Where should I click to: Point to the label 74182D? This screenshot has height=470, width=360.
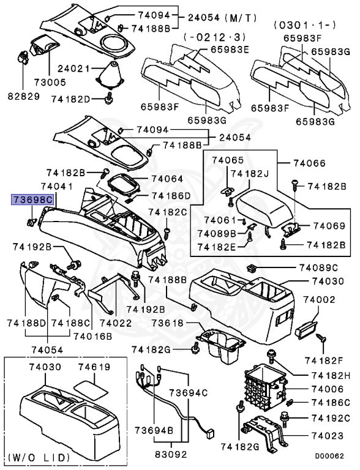pos(70,98)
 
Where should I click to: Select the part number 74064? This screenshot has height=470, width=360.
pos(167,179)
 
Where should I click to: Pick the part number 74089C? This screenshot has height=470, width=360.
pos(318,268)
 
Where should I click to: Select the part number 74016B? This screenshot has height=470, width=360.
pos(92,336)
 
